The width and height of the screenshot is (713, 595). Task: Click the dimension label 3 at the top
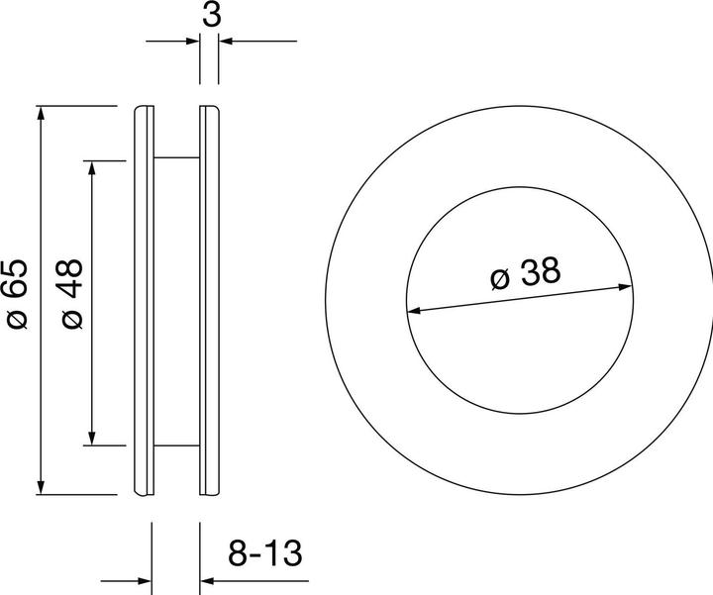[210, 15]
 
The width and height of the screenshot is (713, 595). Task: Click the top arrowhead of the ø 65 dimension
[41, 112]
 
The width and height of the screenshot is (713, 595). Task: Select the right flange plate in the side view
[209, 298]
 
